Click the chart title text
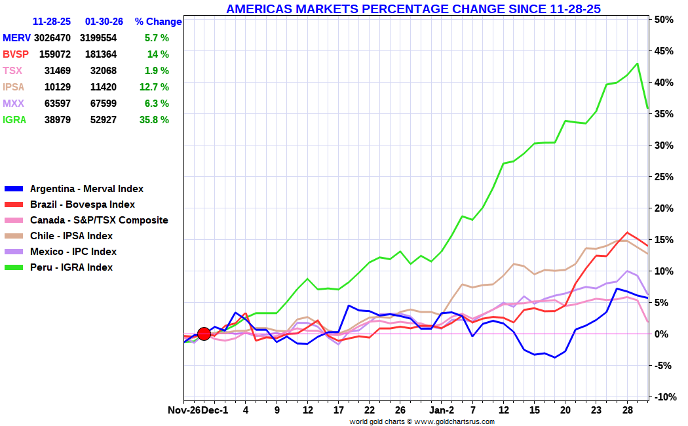tap(413, 9)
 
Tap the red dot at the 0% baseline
tap(204, 334)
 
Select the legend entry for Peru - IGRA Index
tap(71, 267)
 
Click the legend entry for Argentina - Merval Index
tap(86, 189)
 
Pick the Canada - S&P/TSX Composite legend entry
tap(99, 220)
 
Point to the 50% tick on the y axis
tap(664, 20)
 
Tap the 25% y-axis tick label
tap(664, 177)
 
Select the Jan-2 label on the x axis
tap(441, 410)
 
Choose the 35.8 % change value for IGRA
tap(156, 120)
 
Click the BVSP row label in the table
tap(16, 54)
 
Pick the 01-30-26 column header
tap(102, 22)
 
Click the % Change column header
tap(158, 22)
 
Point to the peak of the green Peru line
tap(637, 64)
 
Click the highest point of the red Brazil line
tap(627, 233)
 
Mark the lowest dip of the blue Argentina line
tap(555, 357)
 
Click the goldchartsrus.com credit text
tap(422, 421)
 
